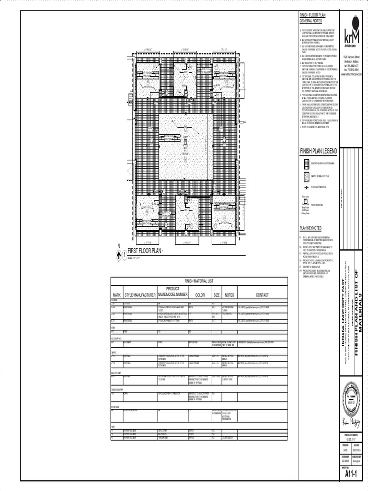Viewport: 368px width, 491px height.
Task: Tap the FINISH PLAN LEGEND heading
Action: point(318,151)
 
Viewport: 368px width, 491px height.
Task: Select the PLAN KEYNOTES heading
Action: point(310,228)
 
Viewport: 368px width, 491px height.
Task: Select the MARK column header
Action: point(116,295)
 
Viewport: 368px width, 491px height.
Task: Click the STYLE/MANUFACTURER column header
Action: point(140,295)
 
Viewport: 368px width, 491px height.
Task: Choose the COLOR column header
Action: point(200,295)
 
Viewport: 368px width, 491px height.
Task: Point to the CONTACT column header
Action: point(262,295)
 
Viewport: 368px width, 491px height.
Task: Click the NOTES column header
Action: point(229,295)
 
